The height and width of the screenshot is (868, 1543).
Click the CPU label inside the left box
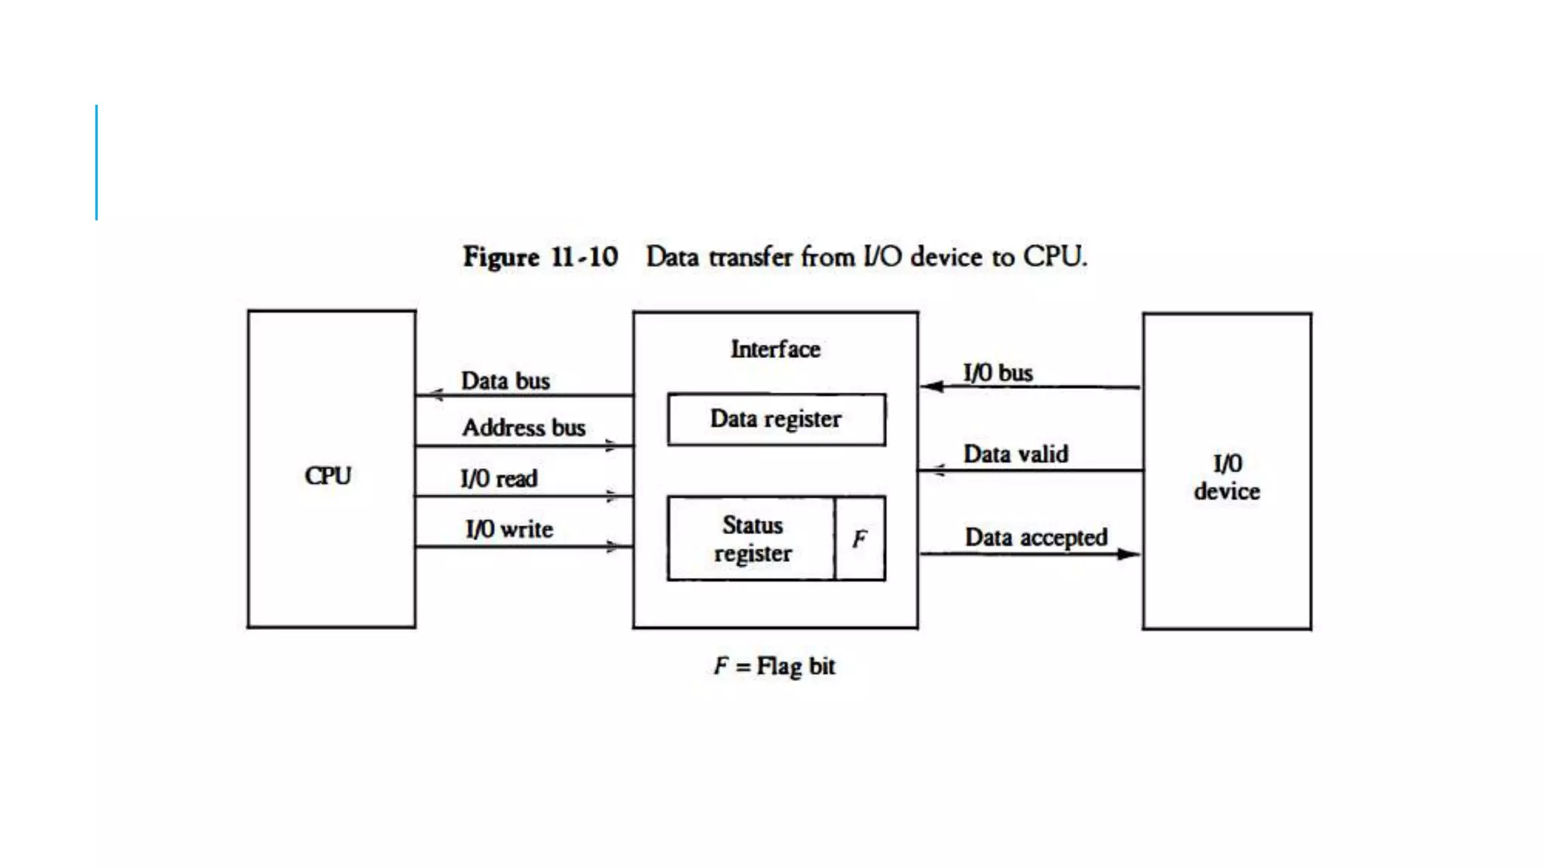328,476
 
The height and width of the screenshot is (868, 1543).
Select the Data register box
776,420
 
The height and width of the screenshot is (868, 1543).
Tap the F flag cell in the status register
860,539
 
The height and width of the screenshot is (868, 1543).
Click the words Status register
752,539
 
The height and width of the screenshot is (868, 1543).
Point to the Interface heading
775,350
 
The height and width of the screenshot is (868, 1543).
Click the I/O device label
1227,477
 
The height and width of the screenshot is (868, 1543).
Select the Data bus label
506,381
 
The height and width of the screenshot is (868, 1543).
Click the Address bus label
524,428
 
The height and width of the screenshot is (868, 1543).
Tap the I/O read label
499,478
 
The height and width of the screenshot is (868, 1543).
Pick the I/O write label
509,529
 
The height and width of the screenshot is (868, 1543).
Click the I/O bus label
998,373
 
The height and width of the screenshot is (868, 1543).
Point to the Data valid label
1016,454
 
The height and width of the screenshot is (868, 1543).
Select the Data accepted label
1036,537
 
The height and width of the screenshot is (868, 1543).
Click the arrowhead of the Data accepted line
1128,555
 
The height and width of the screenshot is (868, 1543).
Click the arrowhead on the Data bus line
435,394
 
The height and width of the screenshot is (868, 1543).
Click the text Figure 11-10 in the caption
540,257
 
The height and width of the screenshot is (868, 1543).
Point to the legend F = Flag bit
775,666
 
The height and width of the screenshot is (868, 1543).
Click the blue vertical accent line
96,162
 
